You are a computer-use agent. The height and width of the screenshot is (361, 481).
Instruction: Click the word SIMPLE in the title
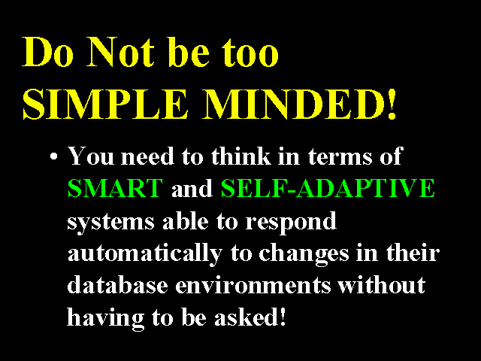point(105,104)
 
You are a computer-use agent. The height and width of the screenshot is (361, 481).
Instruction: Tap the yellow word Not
point(120,52)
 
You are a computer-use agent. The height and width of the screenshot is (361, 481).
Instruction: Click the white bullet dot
point(53,156)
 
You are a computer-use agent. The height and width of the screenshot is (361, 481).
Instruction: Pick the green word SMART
point(115,188)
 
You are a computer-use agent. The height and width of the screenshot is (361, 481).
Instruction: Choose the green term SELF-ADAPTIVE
point(328,188)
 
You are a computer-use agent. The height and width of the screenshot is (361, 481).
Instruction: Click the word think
point(240,156)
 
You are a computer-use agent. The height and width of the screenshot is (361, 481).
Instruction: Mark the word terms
point(340,157)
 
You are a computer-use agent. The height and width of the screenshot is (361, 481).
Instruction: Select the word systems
point(110,223)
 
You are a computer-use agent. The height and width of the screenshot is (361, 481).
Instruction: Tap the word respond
point(291,222)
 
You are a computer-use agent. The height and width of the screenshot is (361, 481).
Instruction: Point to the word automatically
point(144,253)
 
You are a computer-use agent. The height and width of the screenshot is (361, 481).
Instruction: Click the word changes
point(304,254)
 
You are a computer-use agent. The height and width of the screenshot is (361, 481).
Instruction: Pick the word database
point(117,285)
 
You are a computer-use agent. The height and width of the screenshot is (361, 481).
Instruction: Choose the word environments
point(253,285)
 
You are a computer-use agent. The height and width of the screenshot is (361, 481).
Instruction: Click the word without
point(382,285)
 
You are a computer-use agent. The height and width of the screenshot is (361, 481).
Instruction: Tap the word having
point(105,318)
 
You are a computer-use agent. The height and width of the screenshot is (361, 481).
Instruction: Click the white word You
point(91,156)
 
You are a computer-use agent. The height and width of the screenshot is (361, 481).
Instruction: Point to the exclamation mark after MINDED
point(392,104)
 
